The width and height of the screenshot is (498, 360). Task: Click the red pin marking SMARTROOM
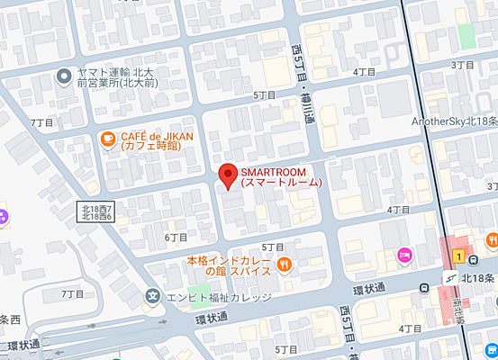[x=228, y=174]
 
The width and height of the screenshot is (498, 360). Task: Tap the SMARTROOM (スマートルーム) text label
[x=280, y=176]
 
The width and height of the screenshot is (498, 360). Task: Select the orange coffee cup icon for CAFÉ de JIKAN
[x=107, y=139]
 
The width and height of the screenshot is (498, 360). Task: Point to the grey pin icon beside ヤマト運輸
[x=64, y=77]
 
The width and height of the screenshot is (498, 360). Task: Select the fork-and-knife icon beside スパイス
[x=285, y=264]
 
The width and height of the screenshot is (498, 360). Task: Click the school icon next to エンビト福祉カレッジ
[x=154, y=295]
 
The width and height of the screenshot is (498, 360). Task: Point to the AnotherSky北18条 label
[x=454, y=121]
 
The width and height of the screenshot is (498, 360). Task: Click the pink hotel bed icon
[x=404, y=256]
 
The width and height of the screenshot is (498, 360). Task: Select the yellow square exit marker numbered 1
[x=459, y=256]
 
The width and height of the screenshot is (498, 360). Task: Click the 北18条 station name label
[x=477, y=278]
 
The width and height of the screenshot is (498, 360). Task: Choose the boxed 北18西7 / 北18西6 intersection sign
[x=95, y=212]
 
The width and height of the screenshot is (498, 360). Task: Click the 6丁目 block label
[x=176, y=237]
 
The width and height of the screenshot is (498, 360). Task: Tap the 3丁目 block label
[x=462, y=65]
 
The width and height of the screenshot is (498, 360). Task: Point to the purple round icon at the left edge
[x=3, y=217]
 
